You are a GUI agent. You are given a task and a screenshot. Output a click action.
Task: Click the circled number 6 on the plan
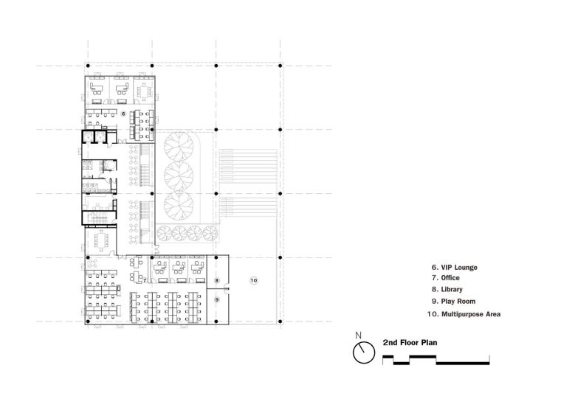coord(123,114)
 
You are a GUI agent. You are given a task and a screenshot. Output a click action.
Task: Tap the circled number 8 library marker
coord(217,280)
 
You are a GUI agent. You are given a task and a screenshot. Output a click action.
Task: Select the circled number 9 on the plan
coord(217,299)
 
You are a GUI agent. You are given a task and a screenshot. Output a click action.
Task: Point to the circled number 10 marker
coord(254,280)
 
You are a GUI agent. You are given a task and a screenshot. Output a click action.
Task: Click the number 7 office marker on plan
coord(145,280)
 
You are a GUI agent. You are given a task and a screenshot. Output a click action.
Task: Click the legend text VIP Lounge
coord(459,268)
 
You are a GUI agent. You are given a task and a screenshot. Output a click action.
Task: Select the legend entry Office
coord(450,278)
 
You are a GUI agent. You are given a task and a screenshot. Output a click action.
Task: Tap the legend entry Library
coord(452,289)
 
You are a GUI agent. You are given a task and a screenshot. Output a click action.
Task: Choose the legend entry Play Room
coord(458,302)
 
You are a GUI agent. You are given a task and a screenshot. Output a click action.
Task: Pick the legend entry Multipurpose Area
coord(471,314)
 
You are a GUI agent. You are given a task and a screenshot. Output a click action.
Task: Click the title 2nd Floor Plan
coord(410,342)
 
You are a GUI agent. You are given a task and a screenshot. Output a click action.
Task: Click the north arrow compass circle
coord(364,352)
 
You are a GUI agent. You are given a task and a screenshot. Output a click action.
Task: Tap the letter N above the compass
coord(359,336)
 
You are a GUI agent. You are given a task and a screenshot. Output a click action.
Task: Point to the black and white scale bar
coord(436,360)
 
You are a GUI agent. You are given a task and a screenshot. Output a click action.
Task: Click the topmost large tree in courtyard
coord(179,146)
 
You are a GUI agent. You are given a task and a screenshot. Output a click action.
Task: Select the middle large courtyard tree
coord(179,176)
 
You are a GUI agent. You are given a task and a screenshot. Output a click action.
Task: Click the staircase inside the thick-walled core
coord(98,218)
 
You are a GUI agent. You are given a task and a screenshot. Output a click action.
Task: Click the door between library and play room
coord(227,287)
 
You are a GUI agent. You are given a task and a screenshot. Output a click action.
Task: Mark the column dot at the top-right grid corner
coord(280,66)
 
